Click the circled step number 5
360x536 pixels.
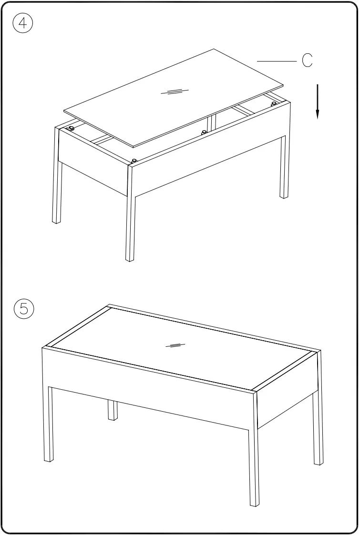pyautogui.click(x=24, y=308)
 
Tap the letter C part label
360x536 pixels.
pyautogui.click(x=308, y=61)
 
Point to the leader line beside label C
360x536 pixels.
pyautogui.click(x=277, y=61)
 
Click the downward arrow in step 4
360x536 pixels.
pyautogui.click(x=317, y=101)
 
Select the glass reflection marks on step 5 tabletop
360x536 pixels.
pyautogui.click(x=175, y=345)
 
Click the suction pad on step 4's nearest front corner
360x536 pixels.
pyautogui.click(x=134, y=161)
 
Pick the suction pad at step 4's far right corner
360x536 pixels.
pyautogui.click(x=274, y=103)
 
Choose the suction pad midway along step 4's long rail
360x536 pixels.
pyautogui.click(x=204, y=132)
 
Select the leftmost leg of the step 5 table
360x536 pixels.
pyautogui.click(x=48, y=424)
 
